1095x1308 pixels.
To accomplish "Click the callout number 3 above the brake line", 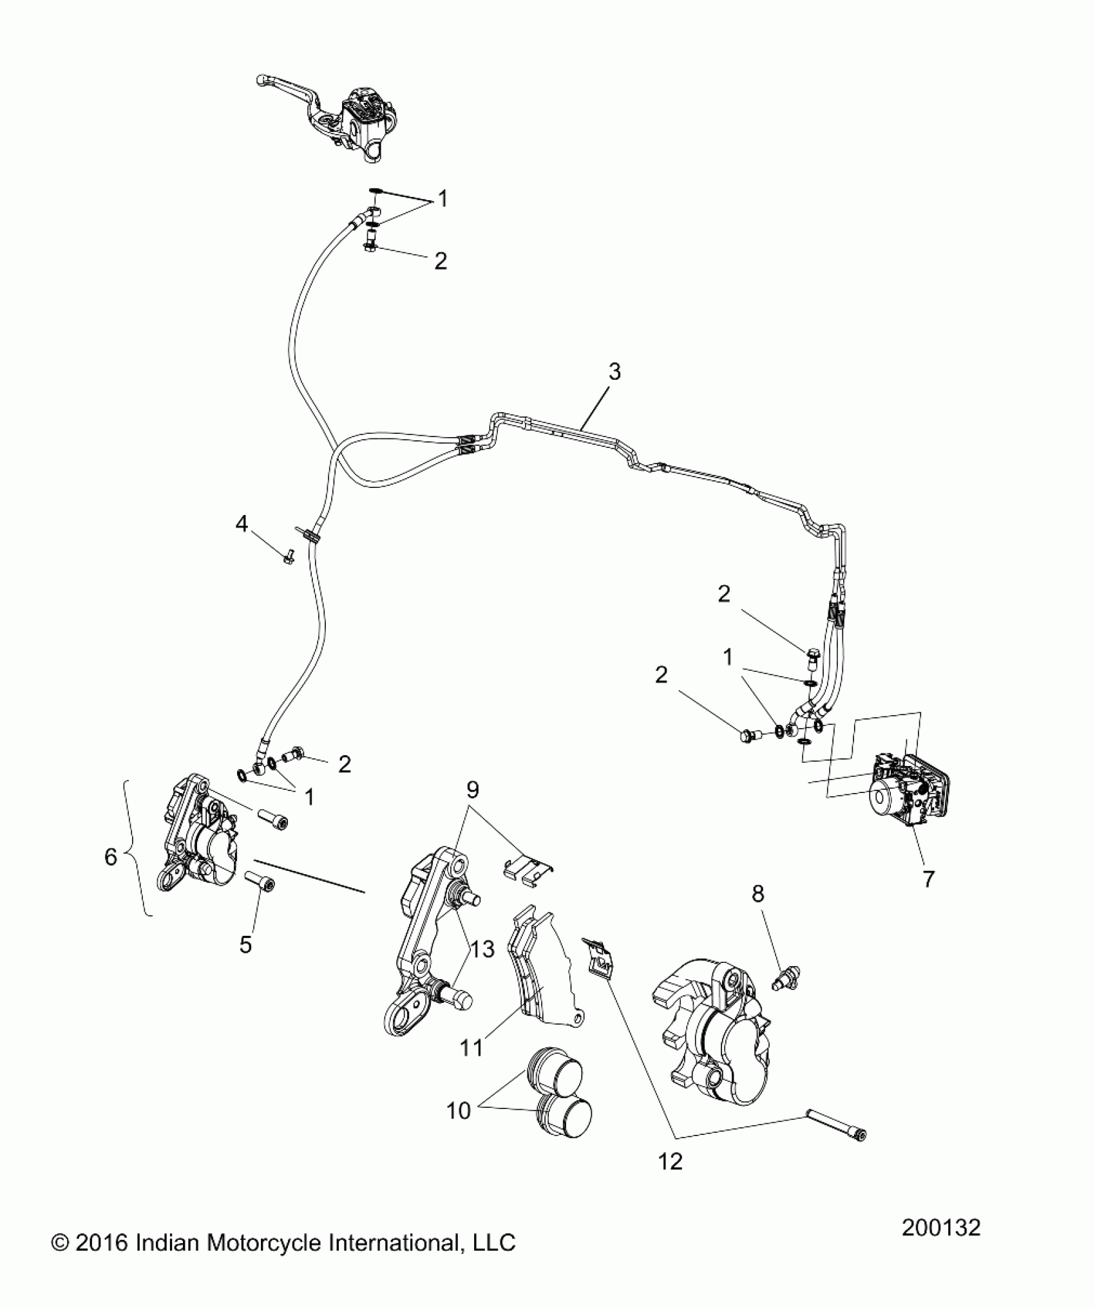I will (614, 371).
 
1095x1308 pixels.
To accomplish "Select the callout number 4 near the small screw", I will (242, 524).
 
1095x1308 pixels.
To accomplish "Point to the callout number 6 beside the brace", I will (111, 857).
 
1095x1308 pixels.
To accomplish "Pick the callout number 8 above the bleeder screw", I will (758, 894).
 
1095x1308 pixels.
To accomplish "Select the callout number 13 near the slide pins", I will (482, 949).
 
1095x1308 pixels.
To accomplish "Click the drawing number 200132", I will (940, 1246).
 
